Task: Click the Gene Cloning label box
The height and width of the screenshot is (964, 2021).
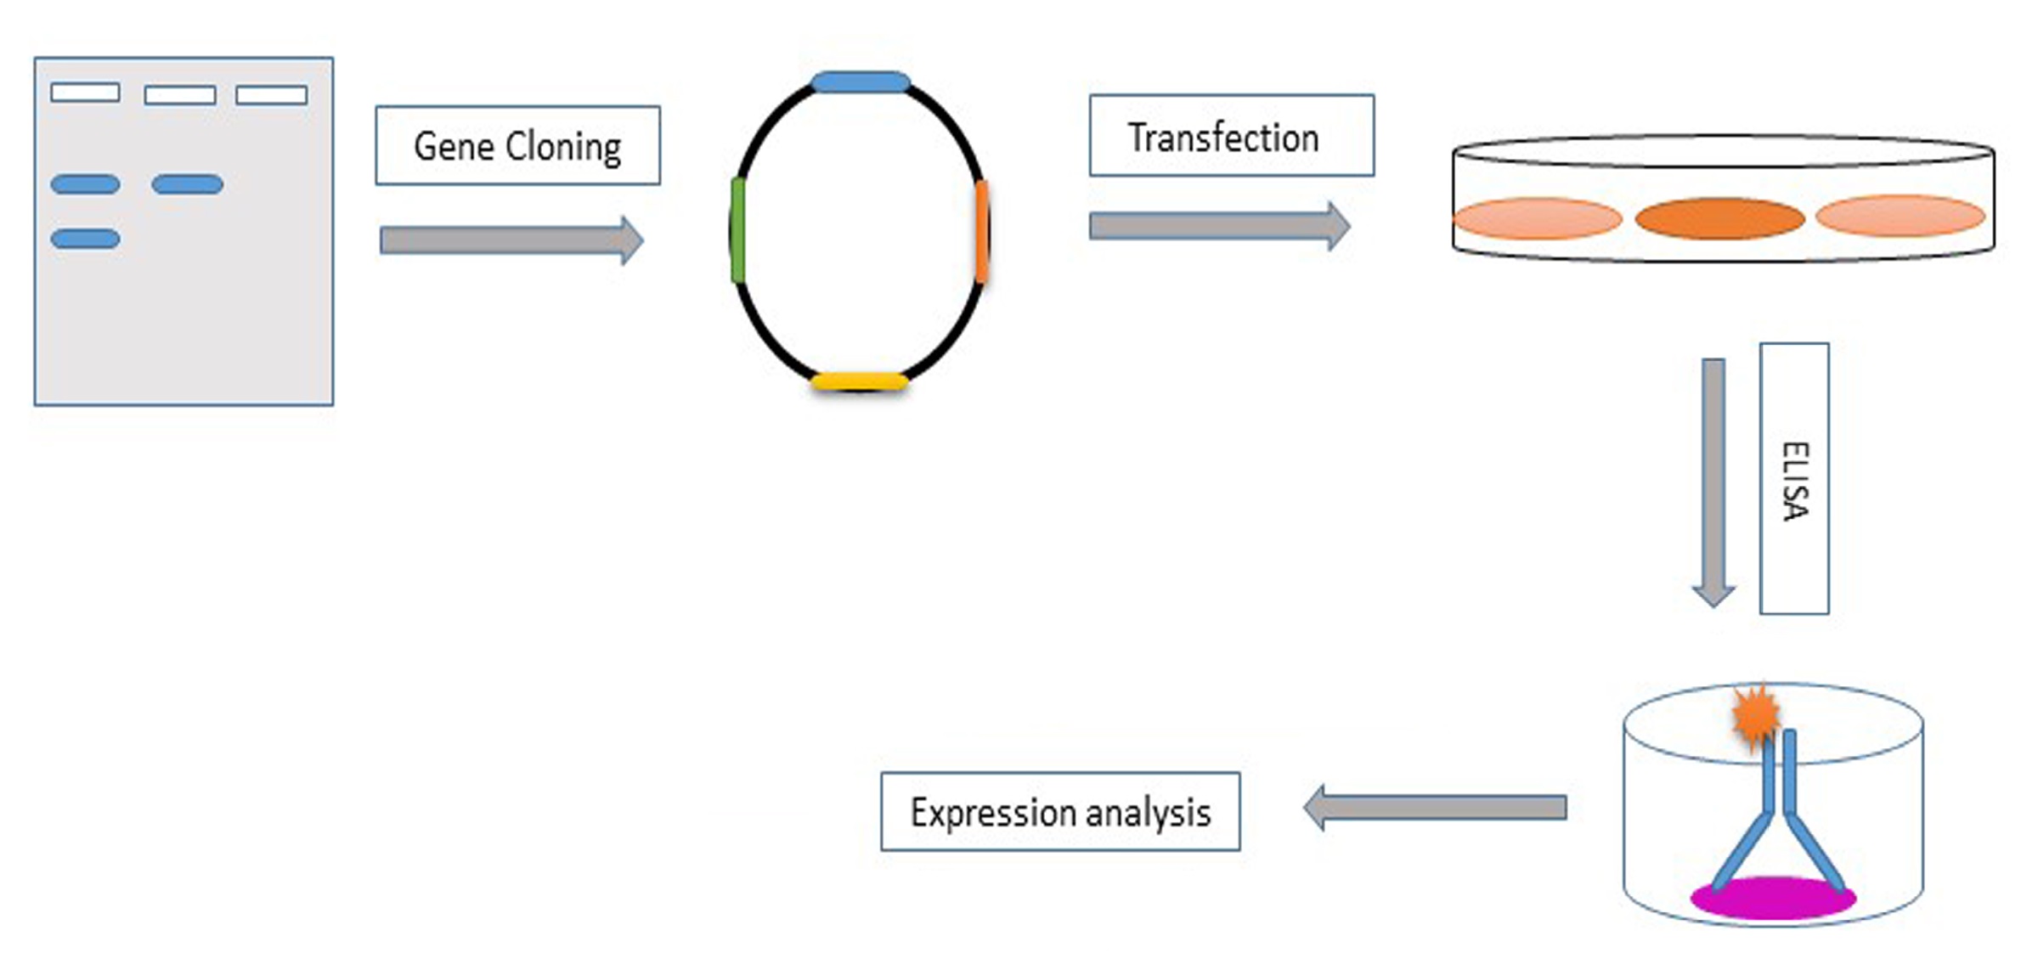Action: click(x=517, y=145)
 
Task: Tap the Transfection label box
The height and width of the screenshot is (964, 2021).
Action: click(x=1231, y=136)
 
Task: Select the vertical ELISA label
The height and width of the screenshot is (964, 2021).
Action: click(x=1794, y=479)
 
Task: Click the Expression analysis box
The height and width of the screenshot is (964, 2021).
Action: click(x=1060, y=812)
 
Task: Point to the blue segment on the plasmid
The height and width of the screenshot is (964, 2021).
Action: click(x=861, y=82)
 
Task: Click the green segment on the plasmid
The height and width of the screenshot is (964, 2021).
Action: click(x=737, y=230)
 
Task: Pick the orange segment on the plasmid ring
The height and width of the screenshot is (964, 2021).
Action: click(x=982, y=232)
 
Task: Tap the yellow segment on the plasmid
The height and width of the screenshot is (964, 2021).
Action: click(x=860, y=382)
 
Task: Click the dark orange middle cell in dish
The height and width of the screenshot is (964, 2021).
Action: click(x=1719, y=218)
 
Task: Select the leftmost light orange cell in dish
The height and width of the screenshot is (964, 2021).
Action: click(x=1537, y=218)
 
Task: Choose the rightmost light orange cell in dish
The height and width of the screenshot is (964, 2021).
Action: click(x=1900, y=215)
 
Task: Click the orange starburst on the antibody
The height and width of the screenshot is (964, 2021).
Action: click(x=1755, y=716)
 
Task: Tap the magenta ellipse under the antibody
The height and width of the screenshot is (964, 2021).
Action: click(x=1773, y=898)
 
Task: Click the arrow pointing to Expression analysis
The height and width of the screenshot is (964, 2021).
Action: click(x=1436, y=807)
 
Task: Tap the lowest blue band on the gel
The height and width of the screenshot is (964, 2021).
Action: click(x=85, y=239)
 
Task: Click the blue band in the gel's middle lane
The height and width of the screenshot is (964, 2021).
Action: click(x=187, y=184)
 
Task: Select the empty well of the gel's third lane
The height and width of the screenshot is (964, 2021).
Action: click(x=271, y=94)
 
